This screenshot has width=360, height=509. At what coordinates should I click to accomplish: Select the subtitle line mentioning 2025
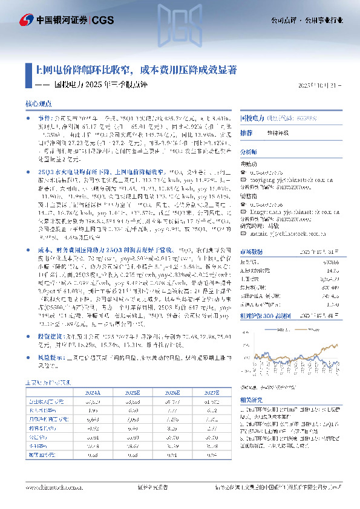100,84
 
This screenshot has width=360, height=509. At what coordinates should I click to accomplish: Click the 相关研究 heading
251,400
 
